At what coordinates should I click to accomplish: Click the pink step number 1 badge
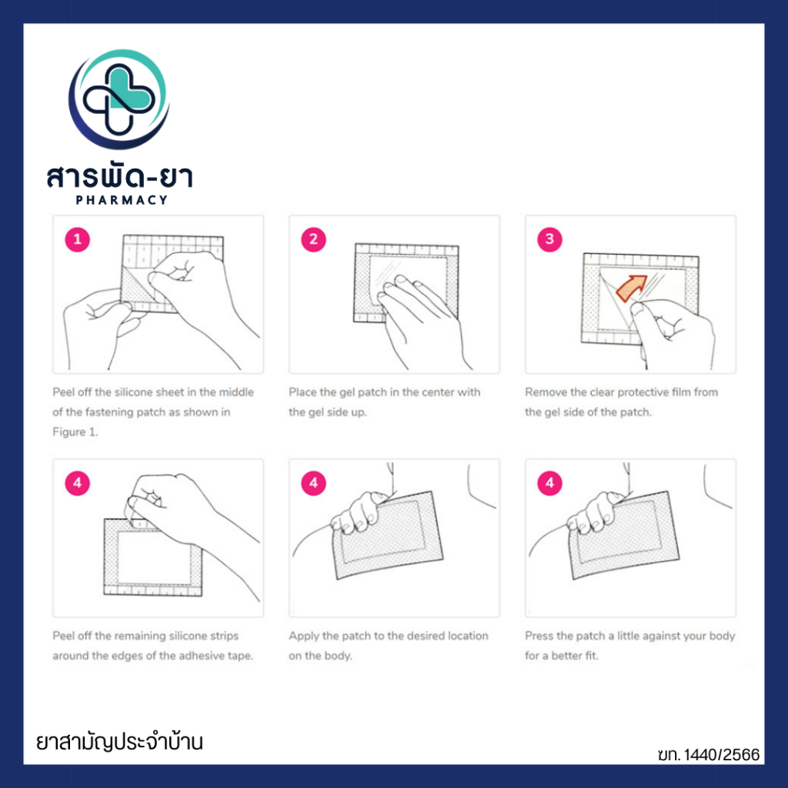[x=78, y=239]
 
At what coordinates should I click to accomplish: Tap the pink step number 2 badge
[x=314, y=239]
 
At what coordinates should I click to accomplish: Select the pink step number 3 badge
[x=549, y=239]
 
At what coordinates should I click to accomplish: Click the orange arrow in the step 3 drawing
[x=631, y=288]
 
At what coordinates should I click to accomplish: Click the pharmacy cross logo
[x=119, y=99]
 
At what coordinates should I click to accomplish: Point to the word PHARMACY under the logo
[x=122, y=200]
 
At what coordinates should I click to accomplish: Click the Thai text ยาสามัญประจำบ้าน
[x=119, y=742]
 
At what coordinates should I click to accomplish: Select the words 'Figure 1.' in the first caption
[x=75, y=432]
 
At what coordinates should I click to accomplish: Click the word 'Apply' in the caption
[x=303, y=636]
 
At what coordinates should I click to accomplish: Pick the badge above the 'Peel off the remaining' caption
[x=78, y=483]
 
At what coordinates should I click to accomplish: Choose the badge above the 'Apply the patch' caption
[x=314, y=483]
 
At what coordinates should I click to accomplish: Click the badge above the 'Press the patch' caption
[x=549, y=483]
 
